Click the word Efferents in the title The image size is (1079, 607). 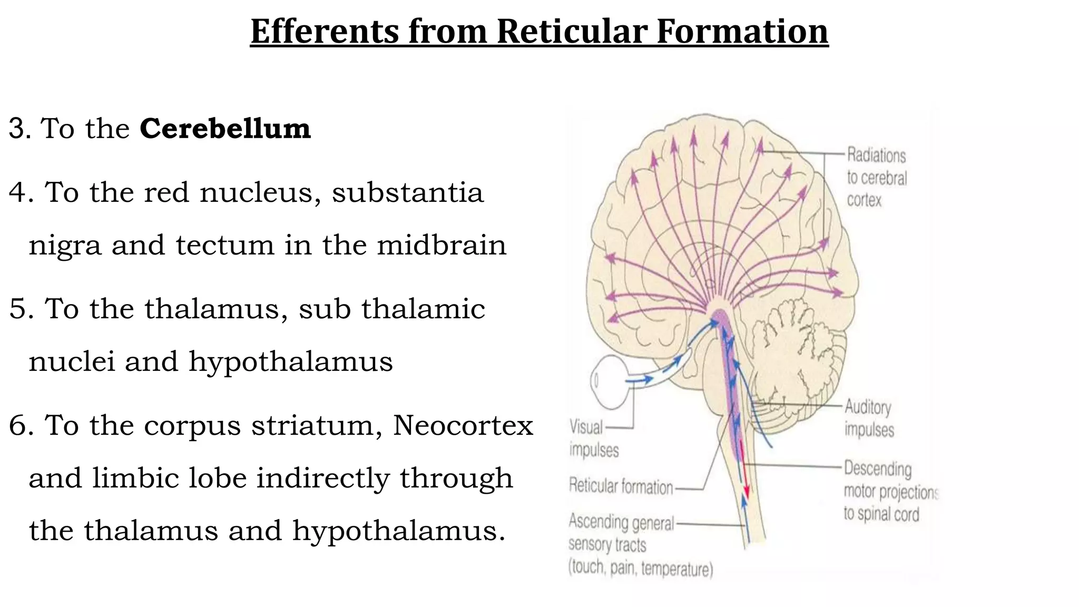tap(324, 32)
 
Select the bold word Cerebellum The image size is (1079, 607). tap(225, 129)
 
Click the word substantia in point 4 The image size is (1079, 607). tap(407, 192)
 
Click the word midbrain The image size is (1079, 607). tap(442, 246)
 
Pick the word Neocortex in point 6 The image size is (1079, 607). tap(463, 425)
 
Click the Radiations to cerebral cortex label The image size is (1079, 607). tap(877, 178)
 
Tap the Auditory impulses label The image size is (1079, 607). tap(869, 418)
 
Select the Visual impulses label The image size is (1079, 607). tap(593, 438)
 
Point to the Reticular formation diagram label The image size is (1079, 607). tap(621, 487)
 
